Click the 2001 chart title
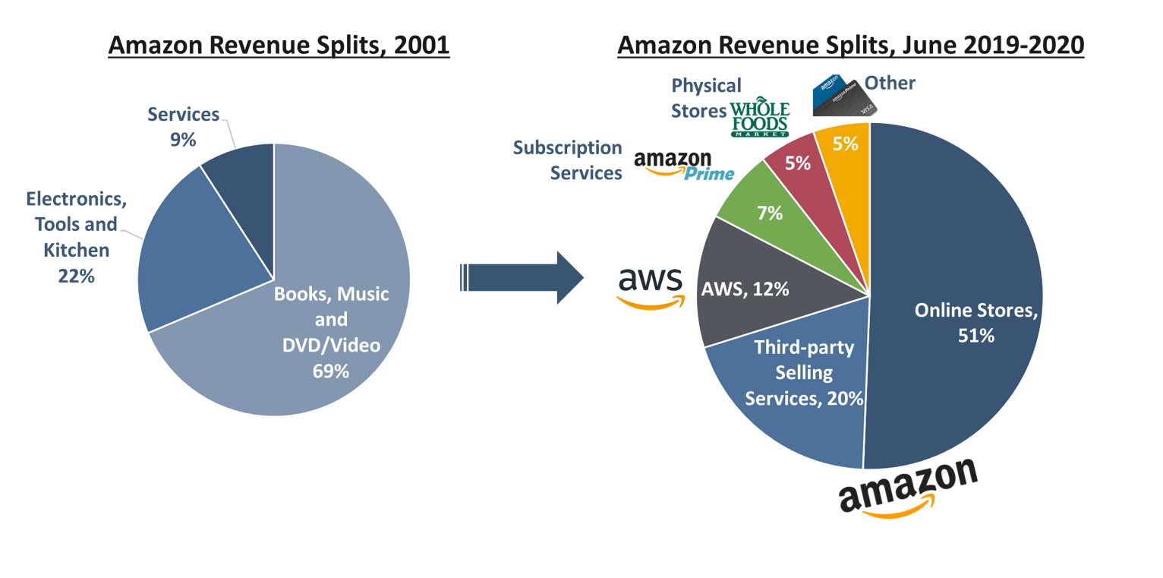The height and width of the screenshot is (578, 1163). [279, 45]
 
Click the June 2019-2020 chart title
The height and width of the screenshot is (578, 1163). [851, 45]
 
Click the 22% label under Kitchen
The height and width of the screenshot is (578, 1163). [76, 276]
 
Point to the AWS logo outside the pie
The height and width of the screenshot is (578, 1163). [651, 287]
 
